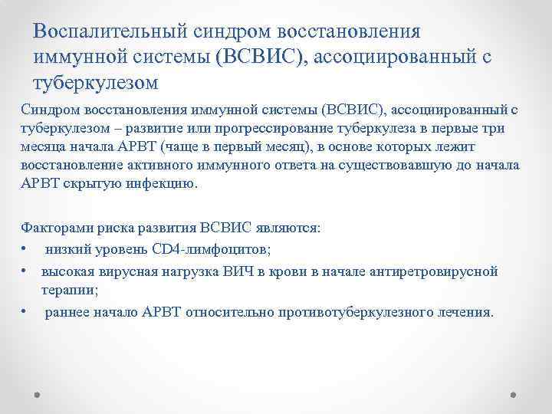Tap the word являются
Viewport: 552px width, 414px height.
click(289, 228)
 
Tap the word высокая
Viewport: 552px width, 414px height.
click(67, 271)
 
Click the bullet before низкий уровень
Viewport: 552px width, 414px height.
click(25, 249)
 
